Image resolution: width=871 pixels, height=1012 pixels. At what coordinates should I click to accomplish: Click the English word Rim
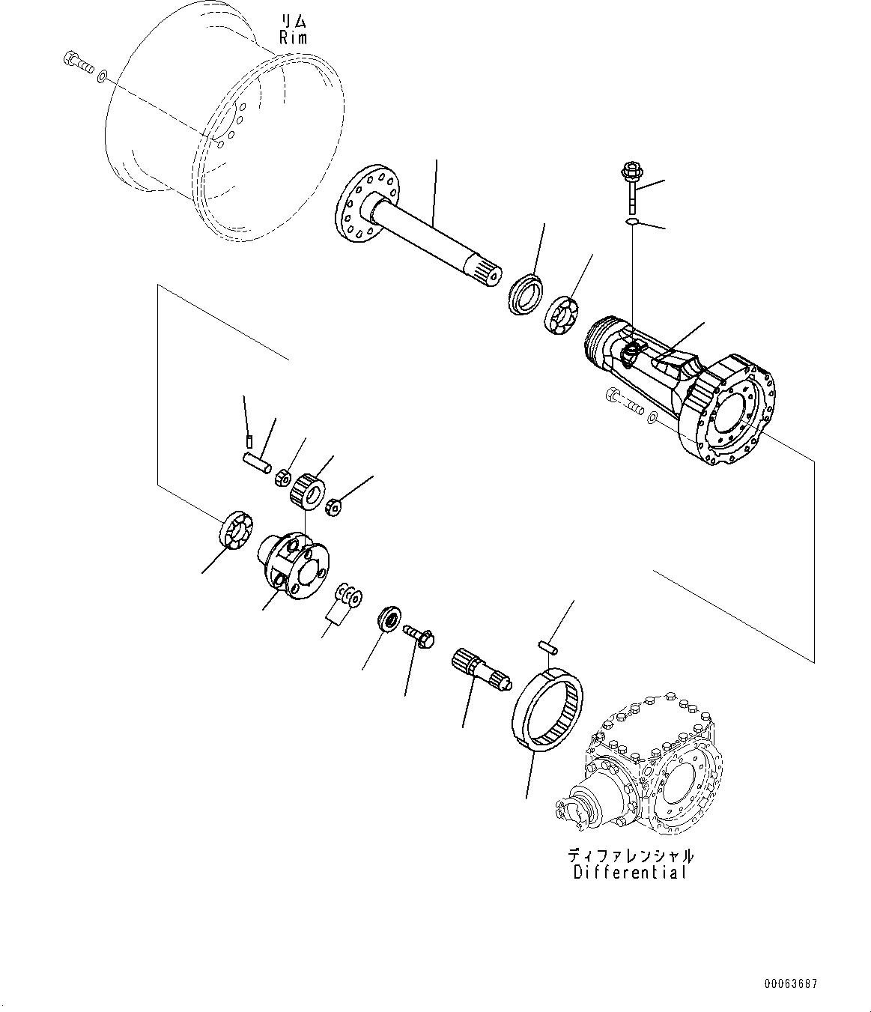point(293,38)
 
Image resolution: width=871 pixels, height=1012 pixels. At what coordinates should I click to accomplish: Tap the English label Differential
point(630,873)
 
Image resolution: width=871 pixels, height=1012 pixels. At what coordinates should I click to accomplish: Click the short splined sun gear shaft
point(479,669)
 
